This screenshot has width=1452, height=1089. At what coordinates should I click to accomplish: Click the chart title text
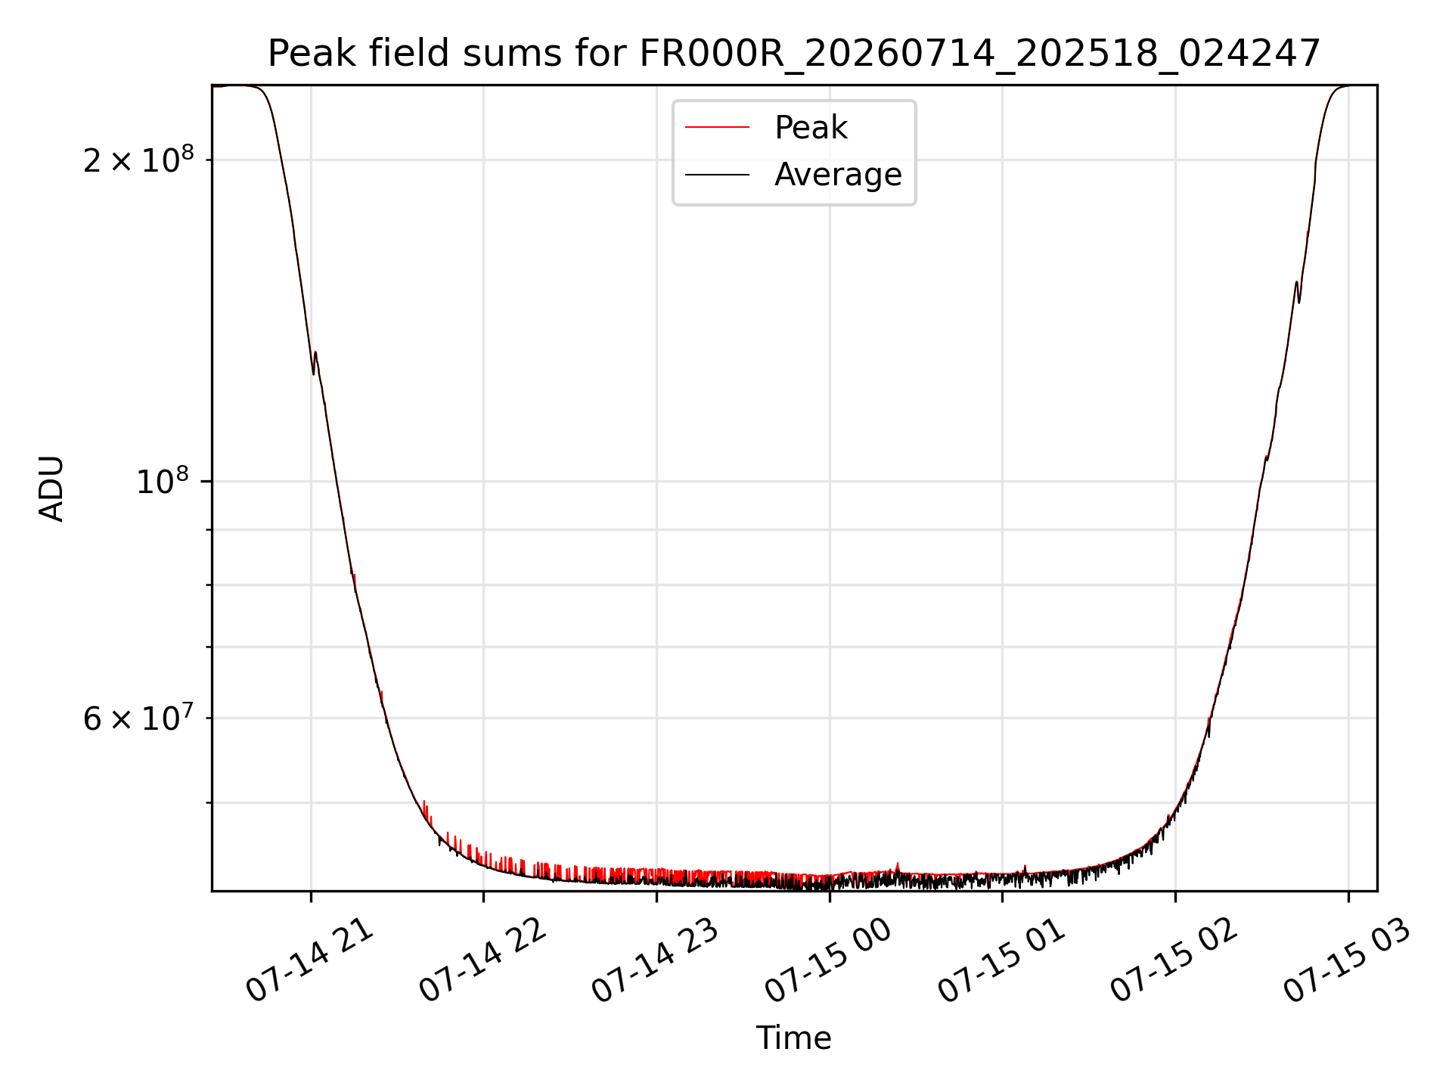794,54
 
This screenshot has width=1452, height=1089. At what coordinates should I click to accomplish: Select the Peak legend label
811,128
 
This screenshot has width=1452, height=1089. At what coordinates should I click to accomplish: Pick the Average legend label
838,175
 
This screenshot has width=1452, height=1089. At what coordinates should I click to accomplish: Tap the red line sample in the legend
717,128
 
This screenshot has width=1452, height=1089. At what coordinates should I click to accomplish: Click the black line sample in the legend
717,175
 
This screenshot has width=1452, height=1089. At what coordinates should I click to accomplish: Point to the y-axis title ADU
51,489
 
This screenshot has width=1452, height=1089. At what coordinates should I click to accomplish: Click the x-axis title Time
794,1038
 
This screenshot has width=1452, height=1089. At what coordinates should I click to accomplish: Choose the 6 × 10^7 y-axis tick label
138,717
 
